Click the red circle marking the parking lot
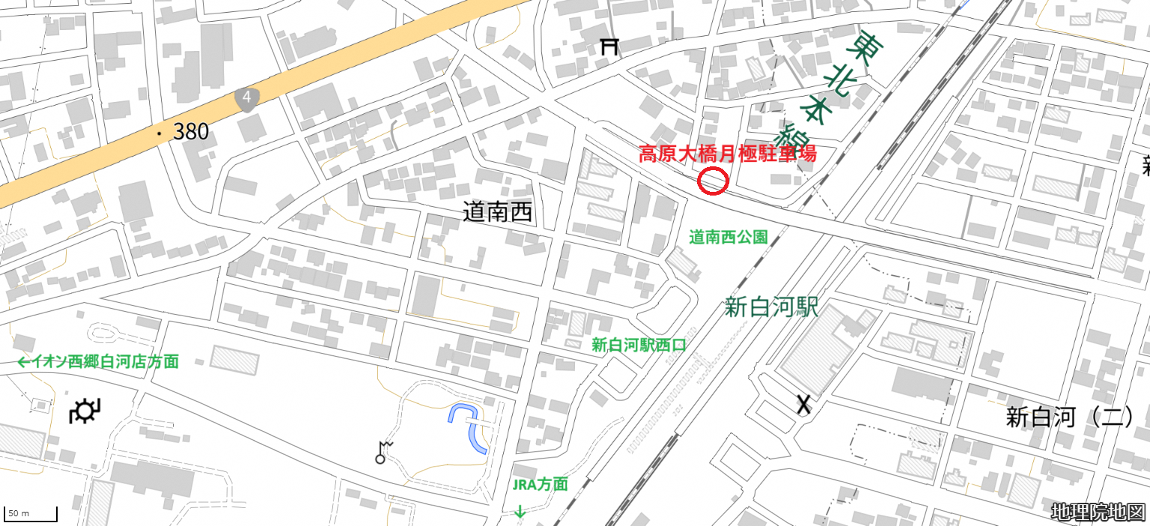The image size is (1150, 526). pyautogui.click(x=713, y=181)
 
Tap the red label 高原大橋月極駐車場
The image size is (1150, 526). pyautogui.click(x=726, y=154)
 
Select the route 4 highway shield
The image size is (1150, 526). pyautogui.click(x=246, y=99)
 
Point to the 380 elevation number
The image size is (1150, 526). pyautogui.click(x=190, y=133)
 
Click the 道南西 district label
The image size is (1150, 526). pyautogui.click(x=497, y=213)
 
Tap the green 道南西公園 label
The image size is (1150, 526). pyautogui.click(x=728, y=238)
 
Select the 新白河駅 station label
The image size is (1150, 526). pyautogui.click(x=771, y=307)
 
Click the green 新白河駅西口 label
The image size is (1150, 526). pyautogui.click(x=639, y=345)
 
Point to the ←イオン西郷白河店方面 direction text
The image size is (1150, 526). pyautogui.click(x=97, y=362)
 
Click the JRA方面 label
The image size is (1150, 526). pyautogui.click(x=540, y=484)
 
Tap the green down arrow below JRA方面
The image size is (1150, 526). pyautogui.click(x=520, y=512)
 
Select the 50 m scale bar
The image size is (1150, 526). pyautogui.click(x=31, y=515)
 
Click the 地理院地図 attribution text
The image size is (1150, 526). pyautogui.click(x=1098, y=513)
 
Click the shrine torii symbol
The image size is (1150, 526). pyautogui.click(x=609, y=46)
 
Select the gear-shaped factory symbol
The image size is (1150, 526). pyautogui.click(x=85, y=411)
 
